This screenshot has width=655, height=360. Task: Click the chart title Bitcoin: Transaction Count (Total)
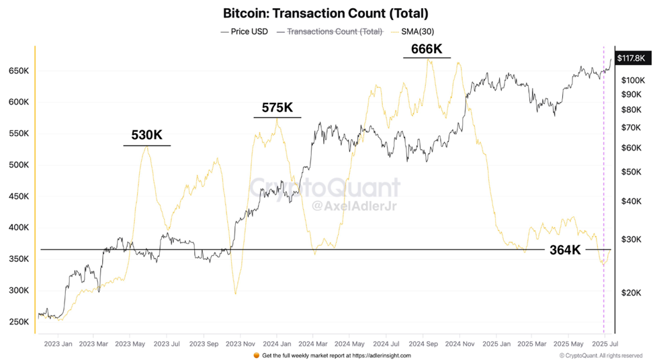coord(325,13)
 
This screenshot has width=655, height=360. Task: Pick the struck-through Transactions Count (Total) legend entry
coord(335,32)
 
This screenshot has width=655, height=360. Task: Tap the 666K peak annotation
coord(427,48)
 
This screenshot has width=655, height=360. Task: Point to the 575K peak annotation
coord(277,108)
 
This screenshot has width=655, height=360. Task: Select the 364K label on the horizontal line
coord(565,250)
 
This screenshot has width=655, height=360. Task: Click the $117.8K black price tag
coord(630,58)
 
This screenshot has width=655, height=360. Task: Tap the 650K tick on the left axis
coord(18,71)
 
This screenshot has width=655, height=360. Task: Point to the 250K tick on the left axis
coord(18,322)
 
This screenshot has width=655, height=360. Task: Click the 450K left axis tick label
coord(18,196)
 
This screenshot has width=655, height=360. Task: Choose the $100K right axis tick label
coord(632,80)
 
